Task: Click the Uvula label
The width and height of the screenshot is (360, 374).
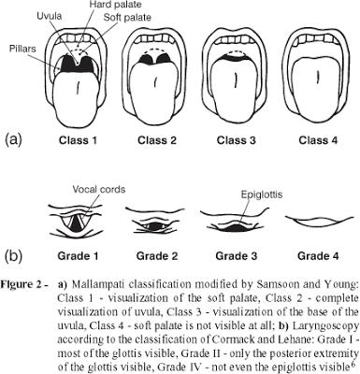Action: tap(50, 16)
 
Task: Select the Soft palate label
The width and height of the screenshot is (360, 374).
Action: tap(127, 17)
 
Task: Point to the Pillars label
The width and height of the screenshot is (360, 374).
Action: tap(22, 49)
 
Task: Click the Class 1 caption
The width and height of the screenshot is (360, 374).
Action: tap(78, 140)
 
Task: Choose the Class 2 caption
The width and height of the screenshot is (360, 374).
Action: tap(157, 140)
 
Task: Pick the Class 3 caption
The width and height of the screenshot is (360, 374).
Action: tap(237, 140)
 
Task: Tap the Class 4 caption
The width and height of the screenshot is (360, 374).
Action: tap(318, 140)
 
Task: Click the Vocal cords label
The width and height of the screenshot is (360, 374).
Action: tap(99, 189)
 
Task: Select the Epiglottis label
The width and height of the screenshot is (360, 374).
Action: tap(262, 194)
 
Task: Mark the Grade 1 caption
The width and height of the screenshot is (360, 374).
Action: tap(78, 256)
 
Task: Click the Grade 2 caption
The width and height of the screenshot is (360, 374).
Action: tap(157, 256)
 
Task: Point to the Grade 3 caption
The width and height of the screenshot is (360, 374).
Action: tap(237, 256)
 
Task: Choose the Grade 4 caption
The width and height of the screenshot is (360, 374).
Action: tap(318, 256)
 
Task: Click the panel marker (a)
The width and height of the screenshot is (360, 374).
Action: tap(13, 139)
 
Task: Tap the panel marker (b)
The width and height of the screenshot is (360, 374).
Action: tap(13, 256)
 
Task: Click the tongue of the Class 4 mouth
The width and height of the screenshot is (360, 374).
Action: tap(318, 91)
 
